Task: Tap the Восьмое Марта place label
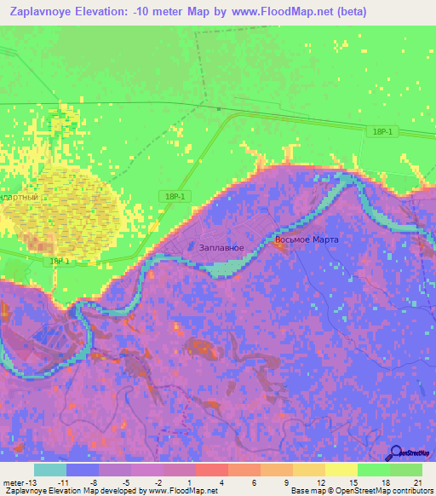[x=307, y=239]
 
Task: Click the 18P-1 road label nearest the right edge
[x=383, y=130]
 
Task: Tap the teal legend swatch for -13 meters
[x=50, y=470]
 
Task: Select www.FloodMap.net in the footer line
[x=181, y=490]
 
